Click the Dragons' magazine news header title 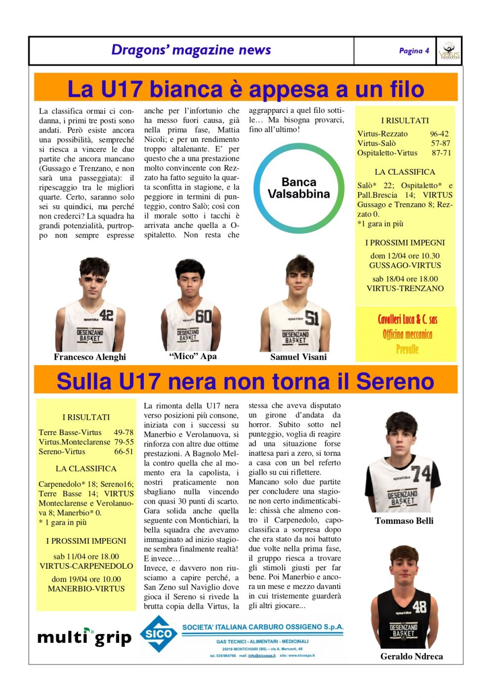191,50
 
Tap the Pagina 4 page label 414,51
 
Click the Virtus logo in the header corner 449,51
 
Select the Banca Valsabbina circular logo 298,188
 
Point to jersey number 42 106,315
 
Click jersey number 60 204,316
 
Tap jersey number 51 312,318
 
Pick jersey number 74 421,474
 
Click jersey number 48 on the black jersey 419,606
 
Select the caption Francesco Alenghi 90,357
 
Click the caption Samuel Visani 298,357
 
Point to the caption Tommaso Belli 404,521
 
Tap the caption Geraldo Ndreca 412,657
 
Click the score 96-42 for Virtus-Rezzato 439,134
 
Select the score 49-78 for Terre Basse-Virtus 123,433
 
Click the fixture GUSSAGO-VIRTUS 405,265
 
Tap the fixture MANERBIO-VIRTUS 86,588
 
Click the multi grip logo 84,637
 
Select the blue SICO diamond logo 159,634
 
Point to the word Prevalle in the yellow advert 407,350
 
